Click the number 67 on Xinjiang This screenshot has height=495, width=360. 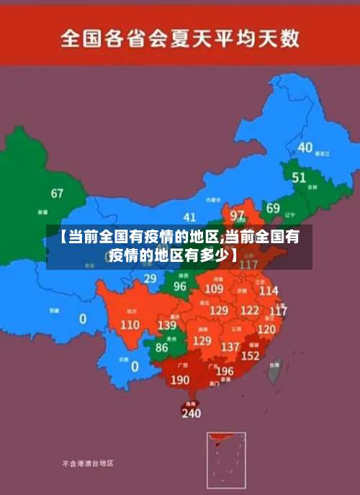tap(57, 194)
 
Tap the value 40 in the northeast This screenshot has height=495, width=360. tap(305, 147)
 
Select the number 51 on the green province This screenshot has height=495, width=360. tap(299, 177)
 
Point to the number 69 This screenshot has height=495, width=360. tap(273, 209)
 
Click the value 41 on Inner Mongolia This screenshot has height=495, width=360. tap(189, 217)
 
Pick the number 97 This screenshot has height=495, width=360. tap(237, 215)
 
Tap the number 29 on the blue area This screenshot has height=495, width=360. tap(150, 278)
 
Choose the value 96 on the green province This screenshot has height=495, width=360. tap(180, 286)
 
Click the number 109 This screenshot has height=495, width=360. tap(214, 289)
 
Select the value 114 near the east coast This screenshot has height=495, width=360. tap(268, 291)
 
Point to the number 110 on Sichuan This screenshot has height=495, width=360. tap(130, 324)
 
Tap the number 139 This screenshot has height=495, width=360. tap(166, 325)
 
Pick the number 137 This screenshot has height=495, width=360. tap(230, 347)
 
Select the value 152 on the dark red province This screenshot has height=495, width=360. tap(250, 355)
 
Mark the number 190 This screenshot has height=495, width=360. tap(181, 380)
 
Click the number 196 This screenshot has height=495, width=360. tap(225, 371)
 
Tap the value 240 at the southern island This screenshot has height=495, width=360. tap(191, 414)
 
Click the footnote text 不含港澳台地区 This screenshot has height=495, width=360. tap(87, 464)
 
